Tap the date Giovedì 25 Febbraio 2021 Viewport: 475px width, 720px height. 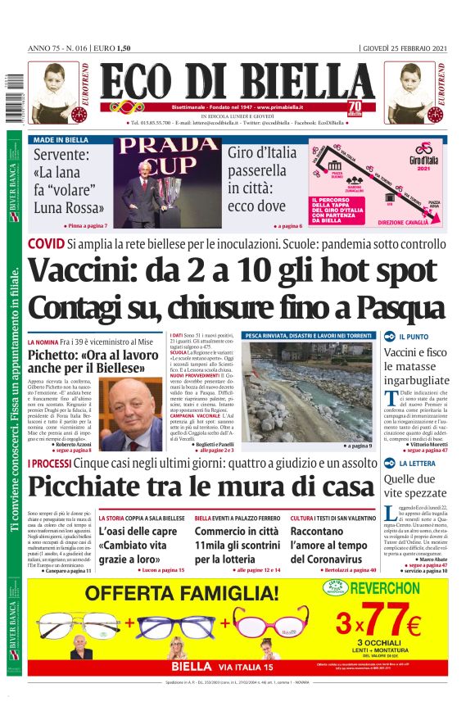[405, 48]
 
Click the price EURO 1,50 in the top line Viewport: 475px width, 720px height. [115, 48]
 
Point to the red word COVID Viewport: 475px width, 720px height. [45, 244]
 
